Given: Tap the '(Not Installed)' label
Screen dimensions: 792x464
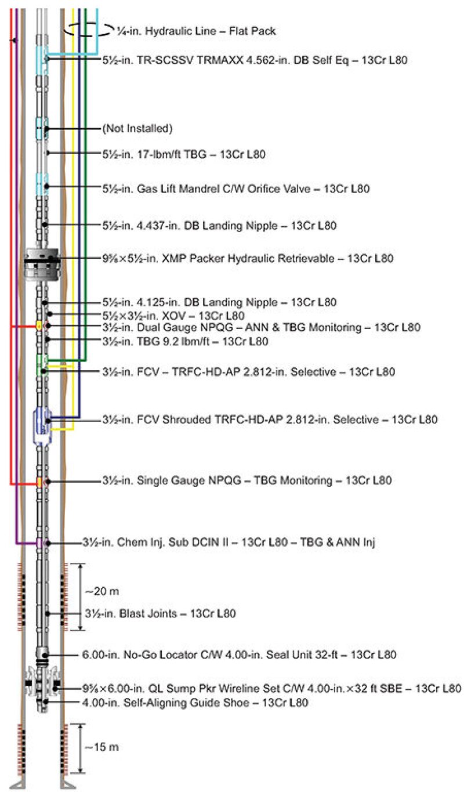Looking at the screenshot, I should [137, 128].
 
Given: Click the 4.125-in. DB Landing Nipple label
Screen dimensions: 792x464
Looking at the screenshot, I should [220, 302].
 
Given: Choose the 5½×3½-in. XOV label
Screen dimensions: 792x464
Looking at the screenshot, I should [173, 315].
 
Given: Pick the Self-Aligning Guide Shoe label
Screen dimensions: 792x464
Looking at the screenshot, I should [194, 702].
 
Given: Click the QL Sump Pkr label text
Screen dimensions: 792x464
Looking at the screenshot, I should [272, 689].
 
